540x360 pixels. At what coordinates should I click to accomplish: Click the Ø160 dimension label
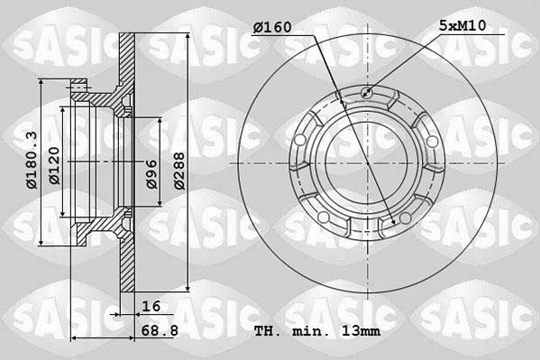[x=272, y=27]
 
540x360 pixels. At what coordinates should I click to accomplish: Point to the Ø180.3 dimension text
[x=31, y=159]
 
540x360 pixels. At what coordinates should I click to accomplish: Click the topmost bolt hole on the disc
[x=366, y=92]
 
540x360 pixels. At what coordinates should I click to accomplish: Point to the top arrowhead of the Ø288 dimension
[x=188, y=37]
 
